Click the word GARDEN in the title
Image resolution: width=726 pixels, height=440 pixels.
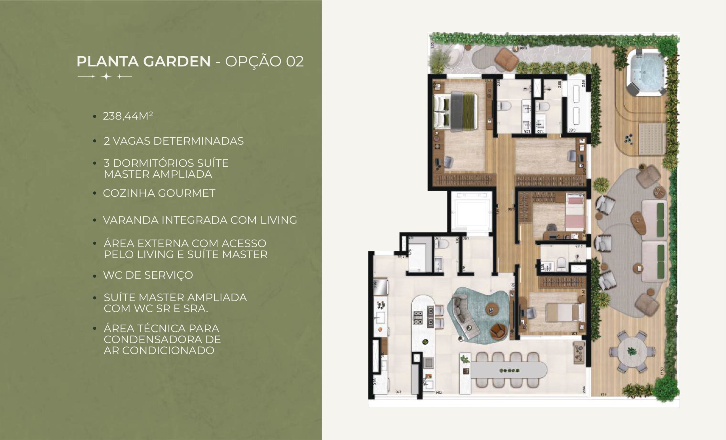tap(177, 61)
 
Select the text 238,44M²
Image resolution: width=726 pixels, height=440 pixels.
tap(128, 116)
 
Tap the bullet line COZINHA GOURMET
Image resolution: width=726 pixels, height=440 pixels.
tap(159, 193)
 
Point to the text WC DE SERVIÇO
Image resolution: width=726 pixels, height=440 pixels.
tap(148, 275)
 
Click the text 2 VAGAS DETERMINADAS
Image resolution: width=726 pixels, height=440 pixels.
tap(174, 141)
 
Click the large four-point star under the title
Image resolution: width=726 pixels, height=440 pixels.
tap(106, 77)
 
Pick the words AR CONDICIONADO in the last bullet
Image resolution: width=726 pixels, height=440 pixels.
tap(159, 350)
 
